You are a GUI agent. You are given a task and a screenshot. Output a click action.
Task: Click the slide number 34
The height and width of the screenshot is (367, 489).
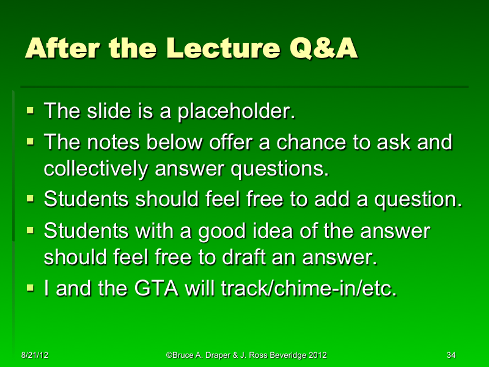(451, 355)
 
